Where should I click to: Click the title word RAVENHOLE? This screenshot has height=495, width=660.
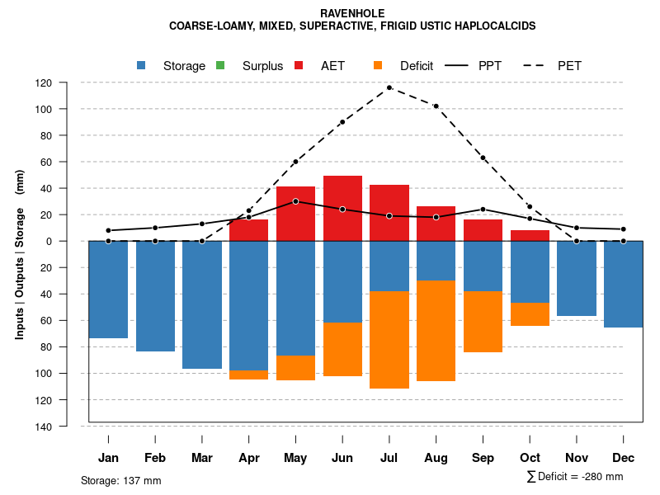tap(352, 14)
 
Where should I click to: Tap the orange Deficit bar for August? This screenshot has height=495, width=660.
tap(436, 330)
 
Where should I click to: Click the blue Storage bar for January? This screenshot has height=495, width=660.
tap(108, 289)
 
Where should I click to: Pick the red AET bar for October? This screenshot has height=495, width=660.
tap(530, 236)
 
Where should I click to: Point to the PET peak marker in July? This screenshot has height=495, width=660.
tap(389, 87)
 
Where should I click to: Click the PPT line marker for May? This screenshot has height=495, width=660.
tap(295, 201)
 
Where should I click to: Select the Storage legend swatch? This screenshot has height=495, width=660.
tap(141, 66)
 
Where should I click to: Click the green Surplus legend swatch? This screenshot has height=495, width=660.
tap(220, 66)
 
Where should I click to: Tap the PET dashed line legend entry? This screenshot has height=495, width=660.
tap(536, 66)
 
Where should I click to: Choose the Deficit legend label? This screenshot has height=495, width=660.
tap(417, 66)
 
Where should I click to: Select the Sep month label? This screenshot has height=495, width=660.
tap(483, 458)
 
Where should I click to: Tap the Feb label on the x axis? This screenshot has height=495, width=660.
tap(155, 458)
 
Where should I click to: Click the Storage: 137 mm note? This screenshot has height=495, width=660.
tap(121, 480)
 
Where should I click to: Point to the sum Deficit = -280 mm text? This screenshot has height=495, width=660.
tap(575, 477)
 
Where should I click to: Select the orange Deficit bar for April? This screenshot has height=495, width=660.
tap(248, 375)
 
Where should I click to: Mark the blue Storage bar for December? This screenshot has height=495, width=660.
tap(623, 284)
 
